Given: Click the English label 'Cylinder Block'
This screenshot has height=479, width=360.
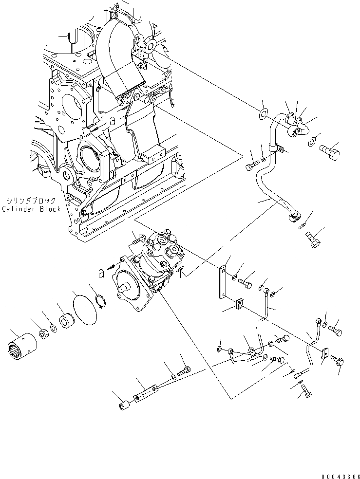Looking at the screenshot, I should [x=31, y=209].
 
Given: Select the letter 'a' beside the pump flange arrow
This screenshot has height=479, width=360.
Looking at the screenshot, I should [x=101, y=274].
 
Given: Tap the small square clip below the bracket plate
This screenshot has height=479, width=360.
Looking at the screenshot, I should [x=239, y=305].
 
